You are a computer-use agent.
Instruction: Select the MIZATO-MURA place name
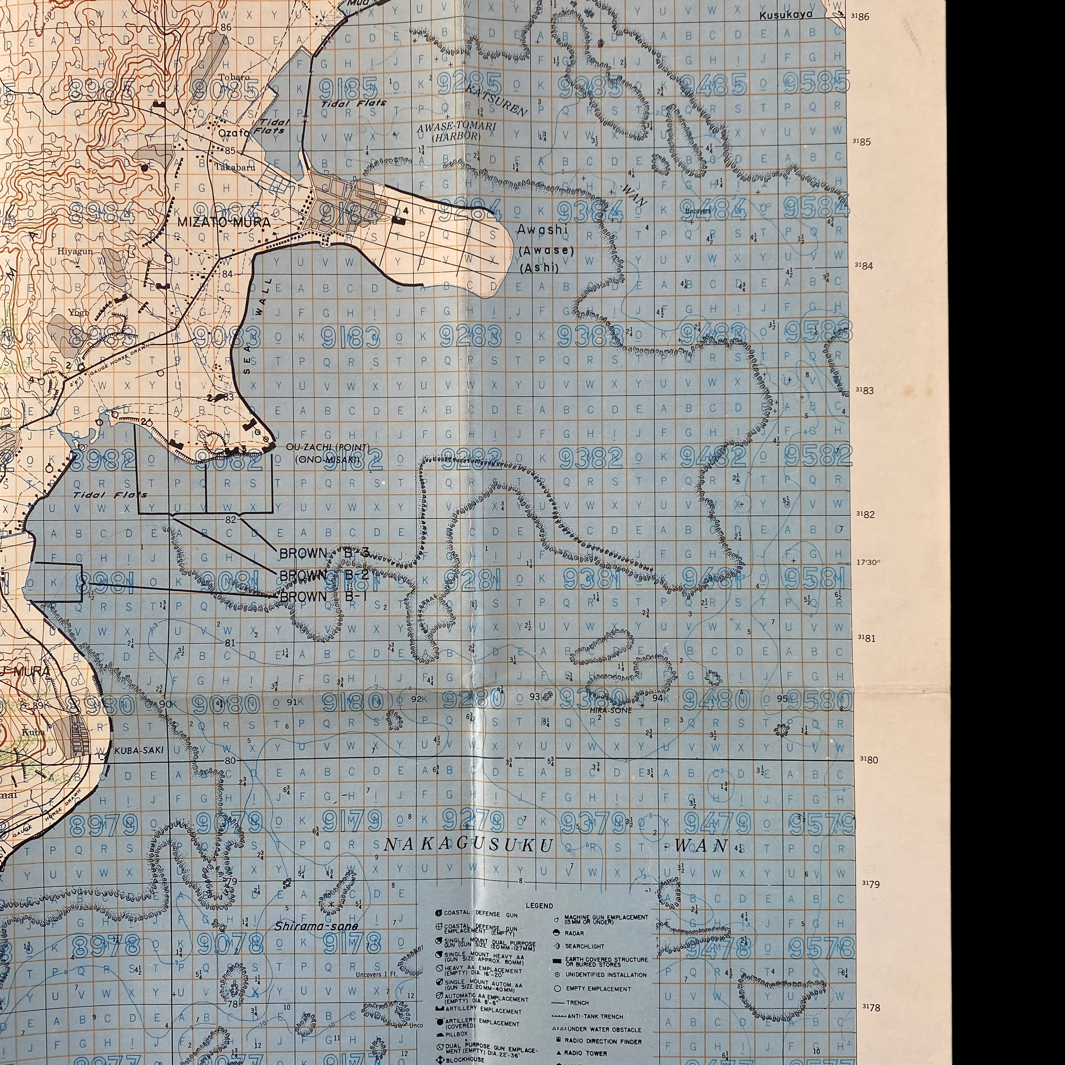point(224,222)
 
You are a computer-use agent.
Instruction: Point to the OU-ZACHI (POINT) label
point(328,446)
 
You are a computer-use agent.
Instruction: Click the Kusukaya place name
point(786,15)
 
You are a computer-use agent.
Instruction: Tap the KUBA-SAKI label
point(139,750)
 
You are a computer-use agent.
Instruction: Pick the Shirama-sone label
point(316,926)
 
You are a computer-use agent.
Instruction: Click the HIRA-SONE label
point(611,710)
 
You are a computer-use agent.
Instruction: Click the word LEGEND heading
point(539,905)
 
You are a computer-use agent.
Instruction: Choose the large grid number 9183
point(351,336)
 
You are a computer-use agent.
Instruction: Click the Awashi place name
point(541,230)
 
